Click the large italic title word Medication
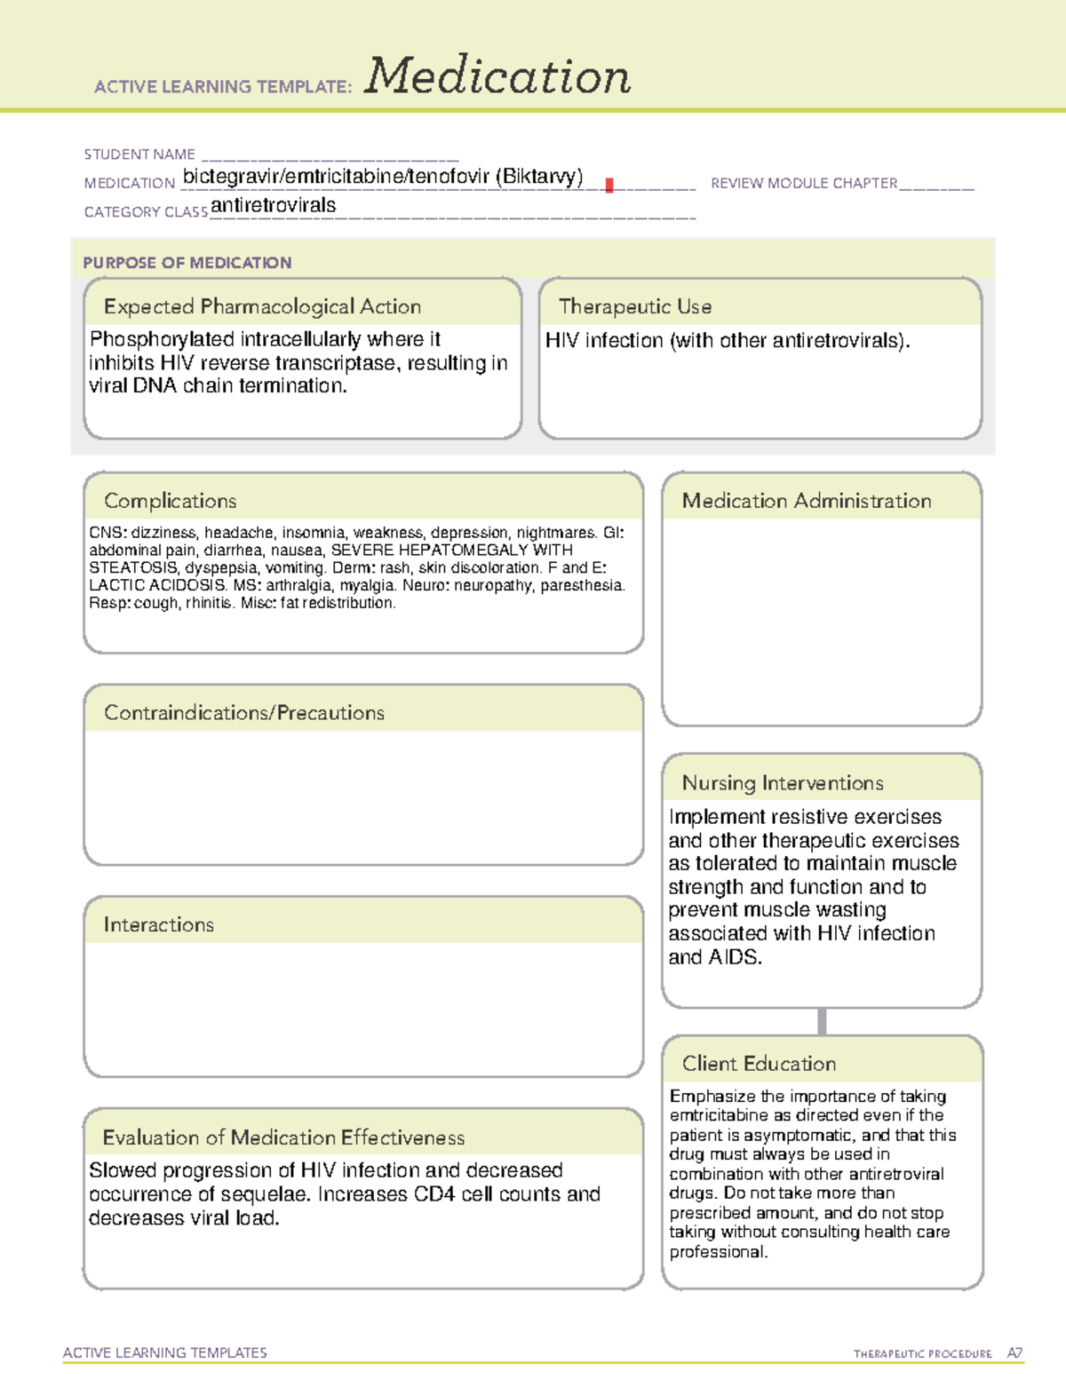[497, 77]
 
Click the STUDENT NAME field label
[139, 155]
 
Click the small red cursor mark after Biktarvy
[609, 185]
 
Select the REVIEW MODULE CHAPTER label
[804, 183]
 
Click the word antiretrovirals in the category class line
[274, 205]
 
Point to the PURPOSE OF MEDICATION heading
[187, 263]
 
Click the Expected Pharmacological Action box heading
[262, 306]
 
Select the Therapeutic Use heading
[634, 306]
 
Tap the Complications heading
[170, 501]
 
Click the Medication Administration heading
[806, 501]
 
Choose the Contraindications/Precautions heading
[243, 712]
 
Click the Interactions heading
[158, 924]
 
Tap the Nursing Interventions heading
[782, 782]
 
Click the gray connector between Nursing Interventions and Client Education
[822, 1021]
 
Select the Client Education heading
[759, 1063]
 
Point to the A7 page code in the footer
[1014, 1353]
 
